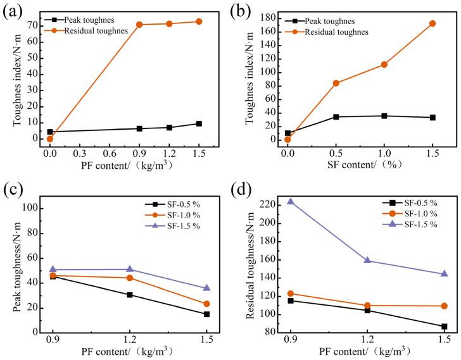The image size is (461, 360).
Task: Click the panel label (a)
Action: pos(15,11)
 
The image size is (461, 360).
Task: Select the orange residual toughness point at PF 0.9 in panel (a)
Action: pos(139,25)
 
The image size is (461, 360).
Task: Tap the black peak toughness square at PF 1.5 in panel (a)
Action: pos(199,123)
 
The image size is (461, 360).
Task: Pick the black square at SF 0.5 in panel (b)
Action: pos(336,116)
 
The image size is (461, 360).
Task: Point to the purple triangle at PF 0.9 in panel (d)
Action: pos(291,201)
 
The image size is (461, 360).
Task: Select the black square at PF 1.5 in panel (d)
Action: pos(445,326)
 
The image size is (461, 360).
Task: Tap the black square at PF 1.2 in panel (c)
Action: pos(130,295)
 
